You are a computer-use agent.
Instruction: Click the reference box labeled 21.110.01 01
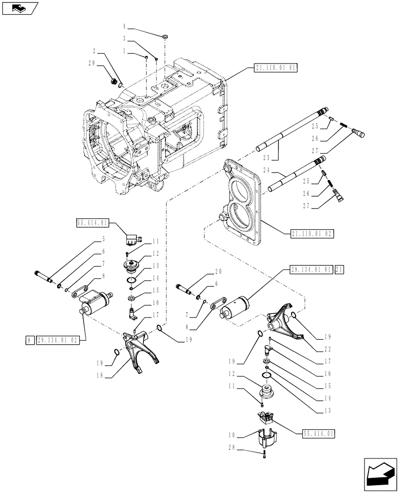[x=276, y=68]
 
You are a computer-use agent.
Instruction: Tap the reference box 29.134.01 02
[x=58, y=340]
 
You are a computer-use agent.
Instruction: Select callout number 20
[x=219, y=271]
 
